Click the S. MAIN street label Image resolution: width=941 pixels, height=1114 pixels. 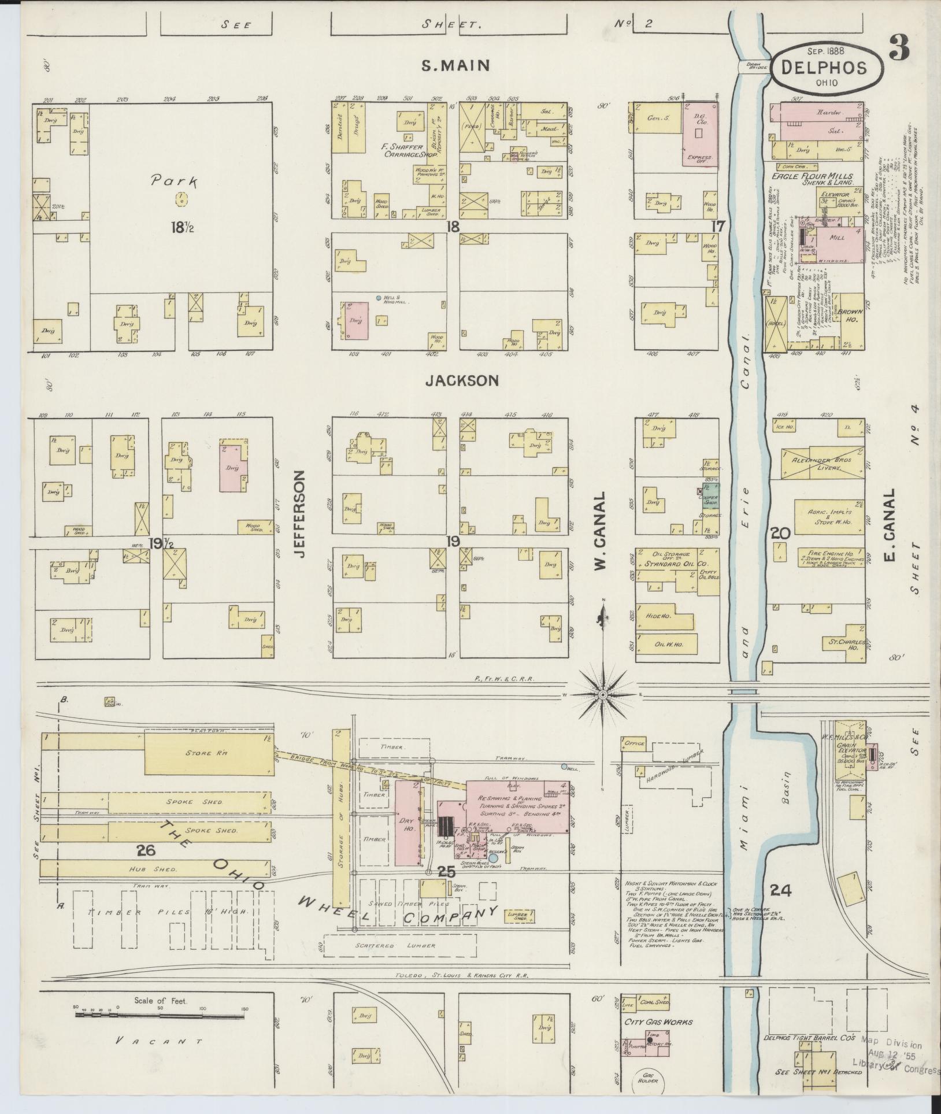point(455,65)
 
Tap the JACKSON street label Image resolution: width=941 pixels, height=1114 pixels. point(462,380)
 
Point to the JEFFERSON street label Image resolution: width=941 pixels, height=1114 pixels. point(298,514)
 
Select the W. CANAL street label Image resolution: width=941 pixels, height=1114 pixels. point(601,531)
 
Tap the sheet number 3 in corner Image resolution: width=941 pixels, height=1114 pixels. point(899,48)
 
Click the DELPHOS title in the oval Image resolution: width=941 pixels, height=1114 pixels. point(824,68)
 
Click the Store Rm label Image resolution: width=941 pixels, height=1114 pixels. point(199,753)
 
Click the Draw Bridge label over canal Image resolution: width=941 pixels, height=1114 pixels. point(755,66)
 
